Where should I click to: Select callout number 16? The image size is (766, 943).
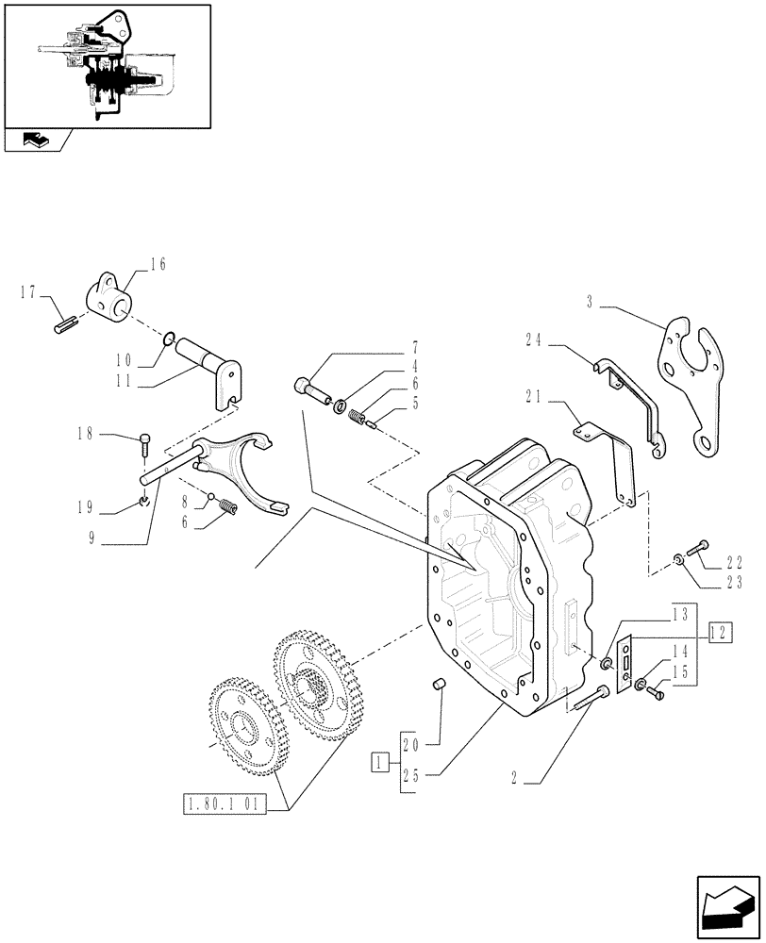[x=157, y=265]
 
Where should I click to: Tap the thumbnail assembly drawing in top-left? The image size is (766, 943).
[x=107, y=66]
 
